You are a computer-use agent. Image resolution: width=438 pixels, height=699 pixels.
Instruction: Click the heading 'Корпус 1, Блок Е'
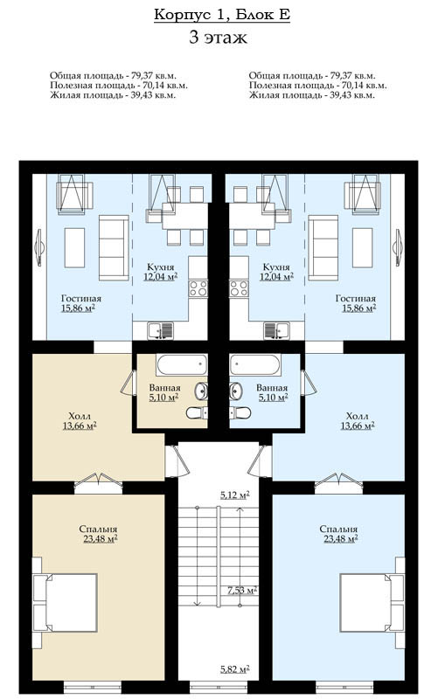222,14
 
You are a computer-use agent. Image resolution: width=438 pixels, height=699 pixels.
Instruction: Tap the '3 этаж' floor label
218,37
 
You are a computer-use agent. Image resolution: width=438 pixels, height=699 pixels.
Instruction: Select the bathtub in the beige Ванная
182,365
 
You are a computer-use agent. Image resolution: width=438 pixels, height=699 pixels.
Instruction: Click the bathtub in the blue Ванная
255,365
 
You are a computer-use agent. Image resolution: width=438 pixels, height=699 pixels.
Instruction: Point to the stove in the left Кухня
198,288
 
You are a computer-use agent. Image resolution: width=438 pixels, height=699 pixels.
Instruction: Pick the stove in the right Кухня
239,288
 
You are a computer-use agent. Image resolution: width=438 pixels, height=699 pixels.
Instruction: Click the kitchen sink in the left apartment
161,331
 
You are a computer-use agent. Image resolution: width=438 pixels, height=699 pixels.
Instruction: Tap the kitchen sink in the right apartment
276,331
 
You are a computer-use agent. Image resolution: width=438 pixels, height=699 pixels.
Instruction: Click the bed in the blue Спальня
372,602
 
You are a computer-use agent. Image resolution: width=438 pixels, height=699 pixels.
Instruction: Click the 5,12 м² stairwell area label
234,495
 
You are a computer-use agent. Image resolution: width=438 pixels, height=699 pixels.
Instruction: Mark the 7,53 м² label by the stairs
242,591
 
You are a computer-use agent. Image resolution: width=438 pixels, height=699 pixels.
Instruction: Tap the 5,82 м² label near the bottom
234,669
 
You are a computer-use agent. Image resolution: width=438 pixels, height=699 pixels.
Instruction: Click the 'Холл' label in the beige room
80,417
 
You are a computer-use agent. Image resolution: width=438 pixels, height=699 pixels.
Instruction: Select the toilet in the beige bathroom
197,413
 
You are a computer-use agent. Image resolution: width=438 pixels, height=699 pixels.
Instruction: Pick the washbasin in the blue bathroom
235,391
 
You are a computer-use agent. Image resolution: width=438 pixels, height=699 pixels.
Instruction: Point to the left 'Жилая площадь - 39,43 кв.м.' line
113,95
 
